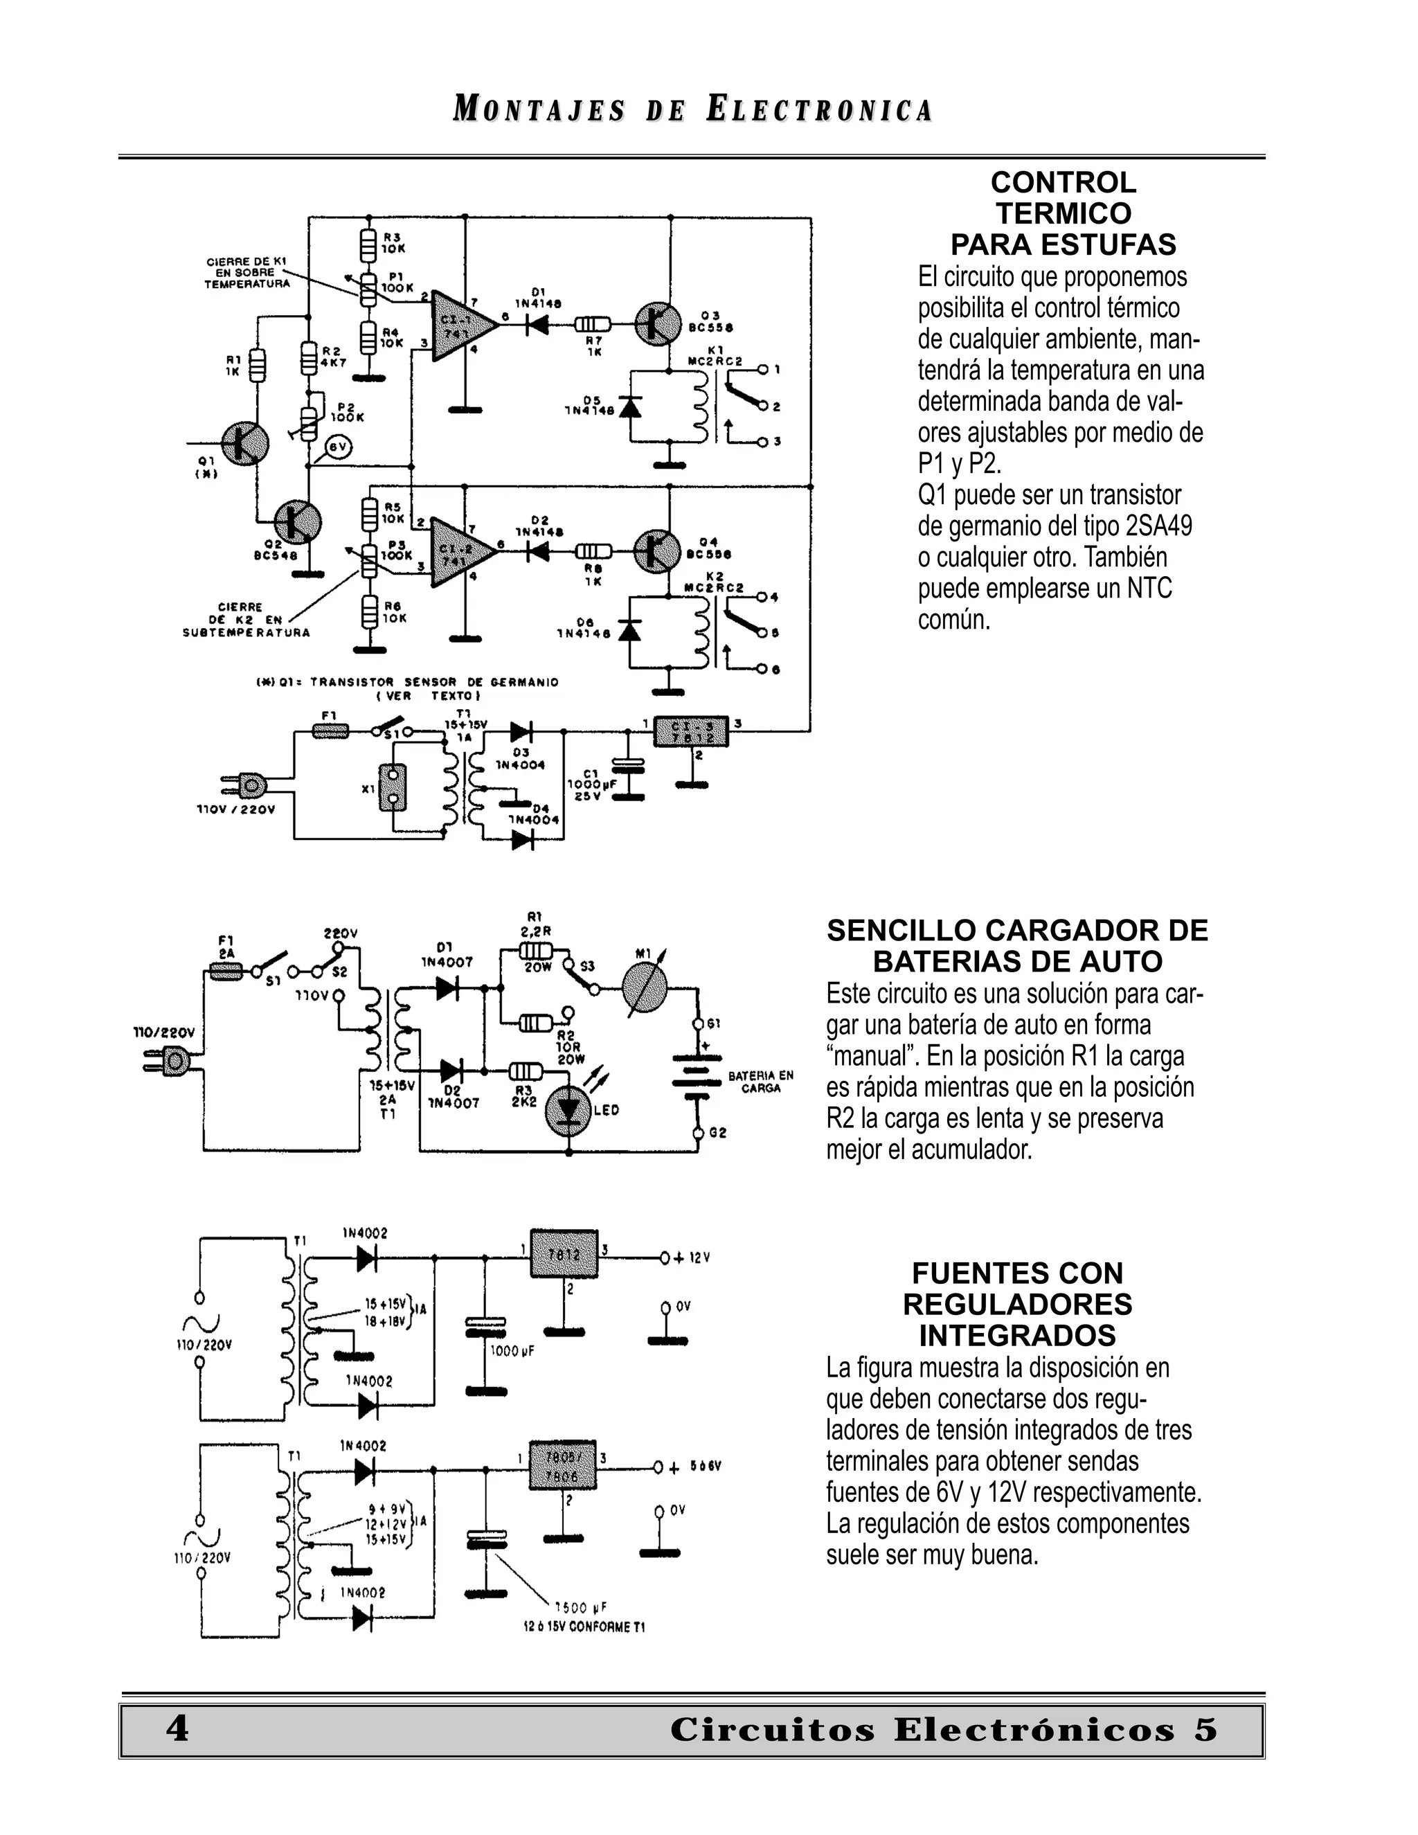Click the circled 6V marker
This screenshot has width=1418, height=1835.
click(338, 448)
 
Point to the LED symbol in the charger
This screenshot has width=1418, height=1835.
click(568, 1110)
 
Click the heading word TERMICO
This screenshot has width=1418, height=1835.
click(1063, 213)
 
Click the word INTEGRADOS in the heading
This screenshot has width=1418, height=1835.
click(1016, 1335)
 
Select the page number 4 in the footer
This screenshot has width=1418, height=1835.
click(177, 1728)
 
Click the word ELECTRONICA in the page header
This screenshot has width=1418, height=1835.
click(820, 110)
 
